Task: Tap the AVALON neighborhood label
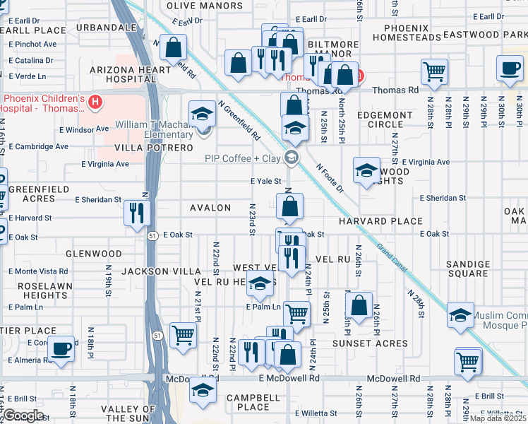click(210, 208)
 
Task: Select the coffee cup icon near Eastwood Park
click(509, 70)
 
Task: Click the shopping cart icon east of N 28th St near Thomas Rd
click(433, 71)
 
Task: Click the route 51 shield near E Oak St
click(153, 237)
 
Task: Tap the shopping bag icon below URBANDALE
click(173, 48)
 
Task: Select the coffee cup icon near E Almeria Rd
click(61, 348)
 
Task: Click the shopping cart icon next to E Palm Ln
click(298, 312)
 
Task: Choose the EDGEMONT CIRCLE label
click(385, 119)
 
